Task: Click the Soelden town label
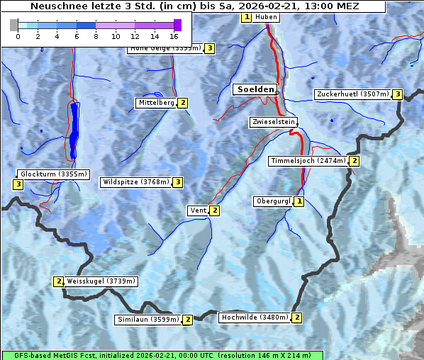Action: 254,89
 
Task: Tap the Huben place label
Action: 266,17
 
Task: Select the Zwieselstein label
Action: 273,122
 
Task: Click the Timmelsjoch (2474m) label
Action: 308,161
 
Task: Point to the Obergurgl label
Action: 273,201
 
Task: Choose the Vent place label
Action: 198,210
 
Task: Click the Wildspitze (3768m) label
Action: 136,182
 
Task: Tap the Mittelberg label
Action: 156,103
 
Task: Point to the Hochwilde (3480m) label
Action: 254,317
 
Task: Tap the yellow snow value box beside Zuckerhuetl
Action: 398,94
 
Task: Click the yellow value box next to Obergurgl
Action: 299,201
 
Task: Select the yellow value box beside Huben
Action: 246,17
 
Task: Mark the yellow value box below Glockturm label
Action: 18,184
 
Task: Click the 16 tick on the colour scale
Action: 174,36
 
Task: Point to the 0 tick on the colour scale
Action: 18,36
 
